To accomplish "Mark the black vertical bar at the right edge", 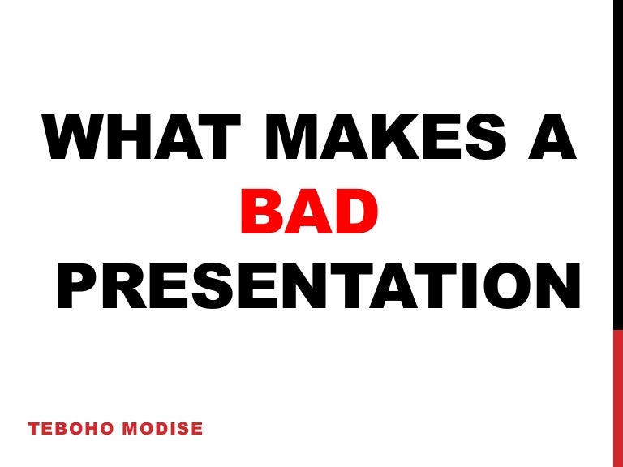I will pos(617,162).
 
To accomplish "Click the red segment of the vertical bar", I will pos(617,397).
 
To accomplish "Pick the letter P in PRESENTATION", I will pos(79,289).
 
